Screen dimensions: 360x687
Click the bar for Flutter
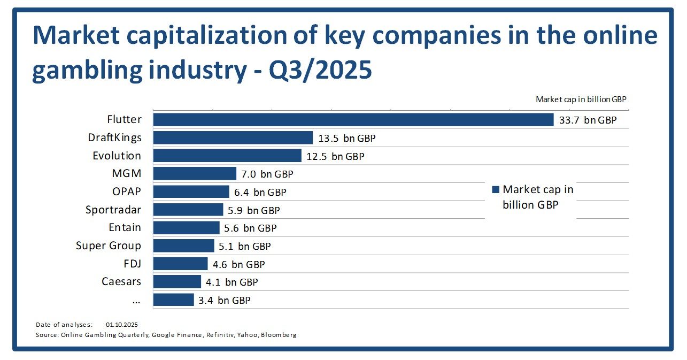pyautogui.click(x=353, y=120)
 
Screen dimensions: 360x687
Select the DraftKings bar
pyautogui.click(x=233, y=138)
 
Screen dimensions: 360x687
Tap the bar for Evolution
pyautogui.click(x=227, y=156)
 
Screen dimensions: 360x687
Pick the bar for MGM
pyautogui.click(x=195, y=173)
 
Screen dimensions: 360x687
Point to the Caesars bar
pyautogui.click(x=177, y=281)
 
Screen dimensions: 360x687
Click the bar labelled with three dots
pyautogui.click(x=173, y=300)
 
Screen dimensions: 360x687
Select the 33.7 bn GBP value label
pyautogui.click(x=588, y=120)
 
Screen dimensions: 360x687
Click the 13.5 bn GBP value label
pyautogui.click(x=346, y=139)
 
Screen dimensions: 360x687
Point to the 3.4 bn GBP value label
pyautogui.click(x=224, y=300)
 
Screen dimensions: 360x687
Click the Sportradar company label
pyautogui.click(x=113, y=210)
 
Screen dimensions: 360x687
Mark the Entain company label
pyautogui.click(x=125, y=227)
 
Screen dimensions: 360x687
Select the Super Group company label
pyautogui.click(x=109, y=246)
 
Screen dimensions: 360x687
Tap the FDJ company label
pyautogui.click(x=132, y=264)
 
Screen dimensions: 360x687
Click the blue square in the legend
pyautogui.click(x=495, y=189)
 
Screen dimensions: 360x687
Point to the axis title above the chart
pyautogui.click(x=581, y=99)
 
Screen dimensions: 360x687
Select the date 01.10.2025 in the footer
pyautogui.click(x=122, y=325)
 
